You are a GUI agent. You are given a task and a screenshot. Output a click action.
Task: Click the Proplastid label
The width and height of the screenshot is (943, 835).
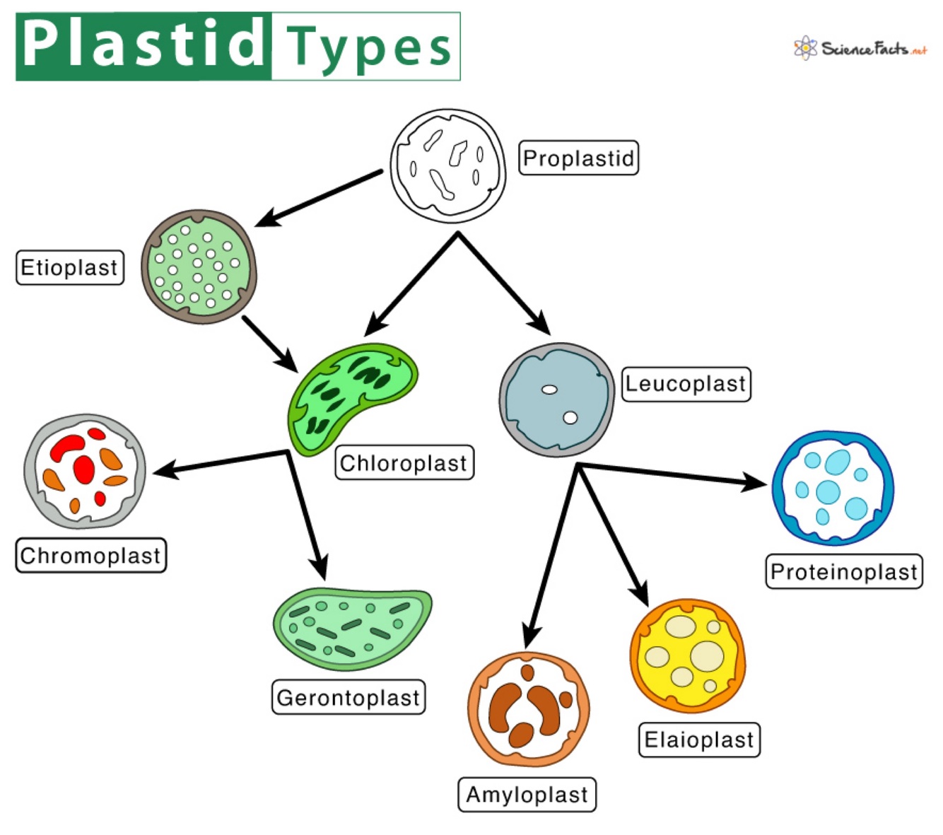point(578,158)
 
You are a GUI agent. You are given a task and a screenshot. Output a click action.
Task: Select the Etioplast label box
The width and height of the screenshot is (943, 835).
point(69,268)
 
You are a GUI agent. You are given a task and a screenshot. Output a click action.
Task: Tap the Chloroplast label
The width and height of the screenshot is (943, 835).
point(404,463)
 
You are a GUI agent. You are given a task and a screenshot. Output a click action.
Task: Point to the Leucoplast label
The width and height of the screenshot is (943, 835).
point(685,384)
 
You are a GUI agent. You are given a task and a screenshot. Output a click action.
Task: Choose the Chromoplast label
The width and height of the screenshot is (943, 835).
point(90,556)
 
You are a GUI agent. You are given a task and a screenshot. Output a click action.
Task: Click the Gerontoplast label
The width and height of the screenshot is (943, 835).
point(348,698)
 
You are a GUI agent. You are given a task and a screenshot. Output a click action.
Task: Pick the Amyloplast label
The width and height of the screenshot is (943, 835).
point(527,795)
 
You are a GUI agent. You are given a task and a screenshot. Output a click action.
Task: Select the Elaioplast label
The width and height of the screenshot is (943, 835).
point(698,740)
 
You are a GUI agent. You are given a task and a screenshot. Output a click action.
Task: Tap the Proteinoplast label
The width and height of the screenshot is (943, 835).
point(844,571)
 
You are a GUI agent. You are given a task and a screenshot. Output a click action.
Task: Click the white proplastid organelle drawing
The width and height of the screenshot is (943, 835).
point(447,166)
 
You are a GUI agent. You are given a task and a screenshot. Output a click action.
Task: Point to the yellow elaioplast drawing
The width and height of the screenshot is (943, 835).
point(687,656)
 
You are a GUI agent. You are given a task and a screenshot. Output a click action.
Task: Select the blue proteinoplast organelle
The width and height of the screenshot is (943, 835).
point(833,488)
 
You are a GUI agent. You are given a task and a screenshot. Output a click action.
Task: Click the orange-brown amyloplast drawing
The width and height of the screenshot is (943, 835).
point(527,709)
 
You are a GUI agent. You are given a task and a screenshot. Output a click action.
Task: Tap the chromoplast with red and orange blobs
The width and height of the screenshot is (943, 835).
point(85,472)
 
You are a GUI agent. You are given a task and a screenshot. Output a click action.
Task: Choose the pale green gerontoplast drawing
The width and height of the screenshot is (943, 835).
point(352,627)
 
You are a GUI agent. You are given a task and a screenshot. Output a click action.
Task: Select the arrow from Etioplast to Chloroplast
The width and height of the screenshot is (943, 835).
point(269,343)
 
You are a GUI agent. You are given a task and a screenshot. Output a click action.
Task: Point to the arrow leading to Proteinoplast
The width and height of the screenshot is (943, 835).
point(672,475)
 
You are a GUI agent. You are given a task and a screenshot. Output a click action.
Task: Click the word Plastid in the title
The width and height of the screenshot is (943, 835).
point(143,45)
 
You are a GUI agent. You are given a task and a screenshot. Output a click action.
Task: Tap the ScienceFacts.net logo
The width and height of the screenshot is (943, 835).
point(860,48)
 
